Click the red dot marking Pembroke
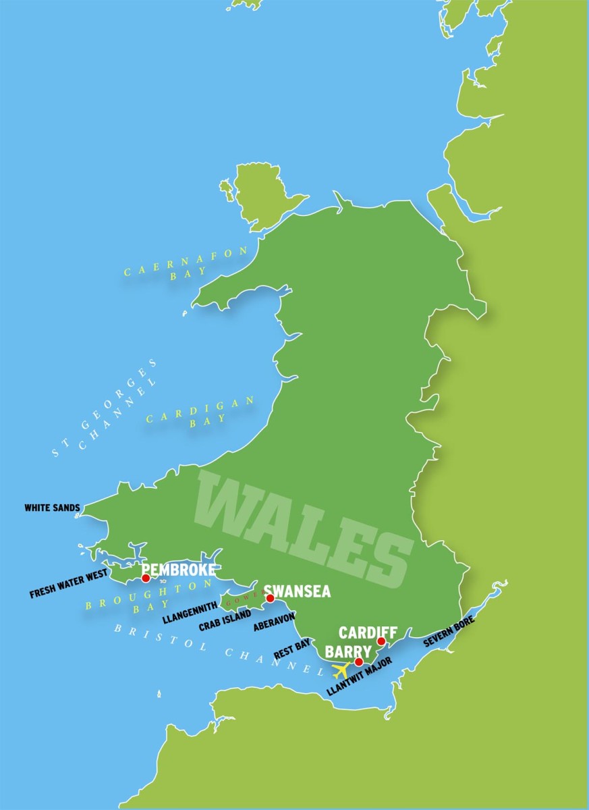pos(146,578)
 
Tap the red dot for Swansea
pos(270,598)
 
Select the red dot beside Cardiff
pos(381,641)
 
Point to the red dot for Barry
pos(358,661)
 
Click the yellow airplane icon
pos(341,670)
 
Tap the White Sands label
pos(53,508)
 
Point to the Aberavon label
pos(275,621)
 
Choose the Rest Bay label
pos(292,649)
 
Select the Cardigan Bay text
pos(201,410)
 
